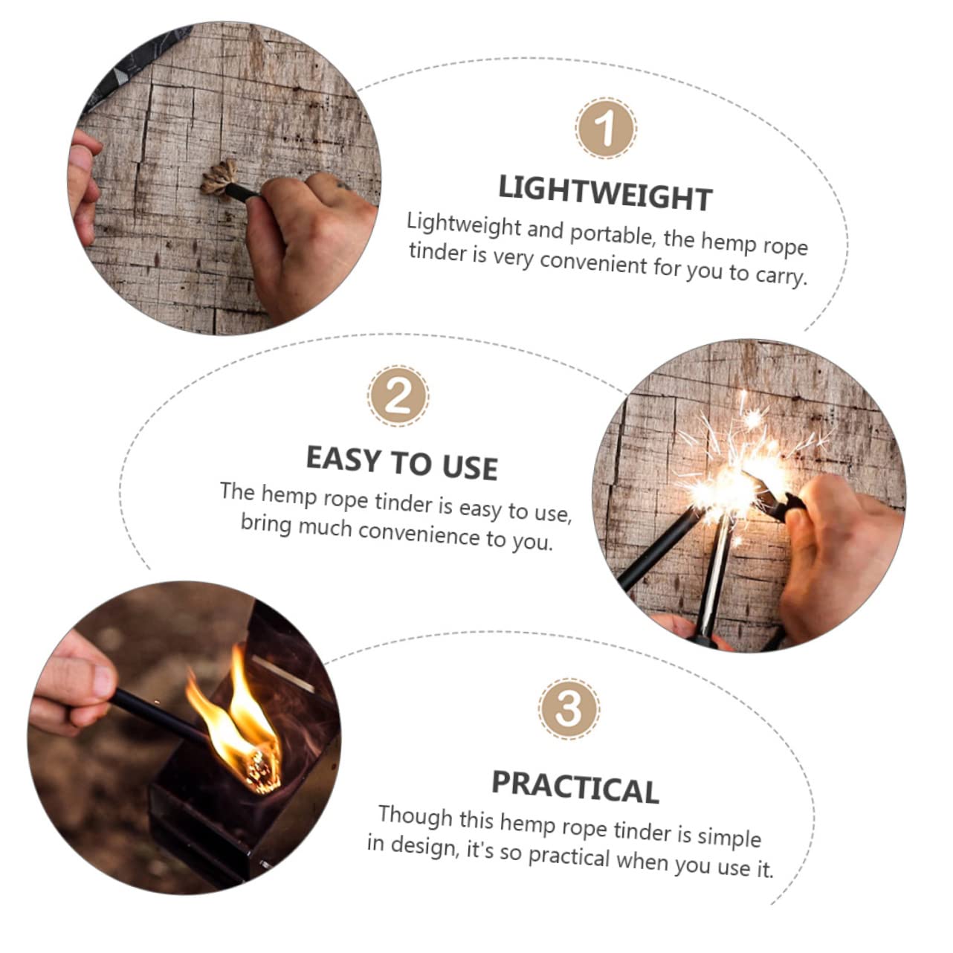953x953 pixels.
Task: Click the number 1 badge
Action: [x=606, y=128]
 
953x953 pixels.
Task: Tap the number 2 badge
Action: [x=398, y=396]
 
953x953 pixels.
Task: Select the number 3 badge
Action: [x=569, y=708]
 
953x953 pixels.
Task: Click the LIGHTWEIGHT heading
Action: [x=605, y=193]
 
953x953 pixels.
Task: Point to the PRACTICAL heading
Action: [x=575, y=786]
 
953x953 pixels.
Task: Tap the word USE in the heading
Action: [x=470, y=467]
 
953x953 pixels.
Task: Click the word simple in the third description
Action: [x=729, y=837]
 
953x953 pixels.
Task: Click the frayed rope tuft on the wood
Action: [x=219, y=178]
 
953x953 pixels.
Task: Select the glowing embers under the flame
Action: [x=262, y=771]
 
